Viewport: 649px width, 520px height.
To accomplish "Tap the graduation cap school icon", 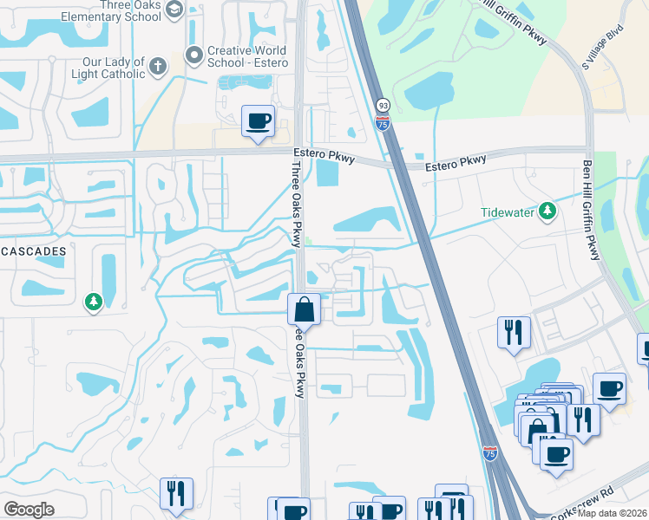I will pyautogui.click(x=174, y=10).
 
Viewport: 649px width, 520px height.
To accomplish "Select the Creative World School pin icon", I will pyautogui.click(x=193, y=55).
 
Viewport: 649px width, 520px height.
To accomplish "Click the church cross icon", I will pyautogui.click(x=157, y=66).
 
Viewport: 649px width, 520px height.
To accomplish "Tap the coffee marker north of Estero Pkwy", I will pyautogui.click(x=258, y=121).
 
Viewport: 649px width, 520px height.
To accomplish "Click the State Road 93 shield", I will pyautogui.click(x=382, y=106).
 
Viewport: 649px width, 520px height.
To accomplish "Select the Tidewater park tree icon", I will pyautogui.click(x=547, y=211).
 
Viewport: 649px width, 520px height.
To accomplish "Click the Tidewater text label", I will pyautogui.click(x=508, y=212).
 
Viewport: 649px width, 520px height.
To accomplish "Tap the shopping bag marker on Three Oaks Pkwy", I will pyautogui.click(x=304, y=309).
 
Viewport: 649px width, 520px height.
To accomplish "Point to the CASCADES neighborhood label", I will pyautogui.click(x=33, y=250).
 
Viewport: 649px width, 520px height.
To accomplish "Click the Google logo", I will pyautogui.click(x=29, y=510).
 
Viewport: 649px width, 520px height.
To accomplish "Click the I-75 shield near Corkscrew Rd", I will pyautogui.click(x=490, y=453).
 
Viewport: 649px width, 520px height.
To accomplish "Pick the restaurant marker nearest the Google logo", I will pyautogui.click(x=176, y=493).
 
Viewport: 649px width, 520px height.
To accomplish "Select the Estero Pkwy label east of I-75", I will pyautogui.click(x=456, y=163).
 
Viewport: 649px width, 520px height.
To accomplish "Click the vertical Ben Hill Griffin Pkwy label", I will pyautogui.click(x=591, y=209).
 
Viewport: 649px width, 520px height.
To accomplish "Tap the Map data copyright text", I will pyautogui.click(x=613, y=513).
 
